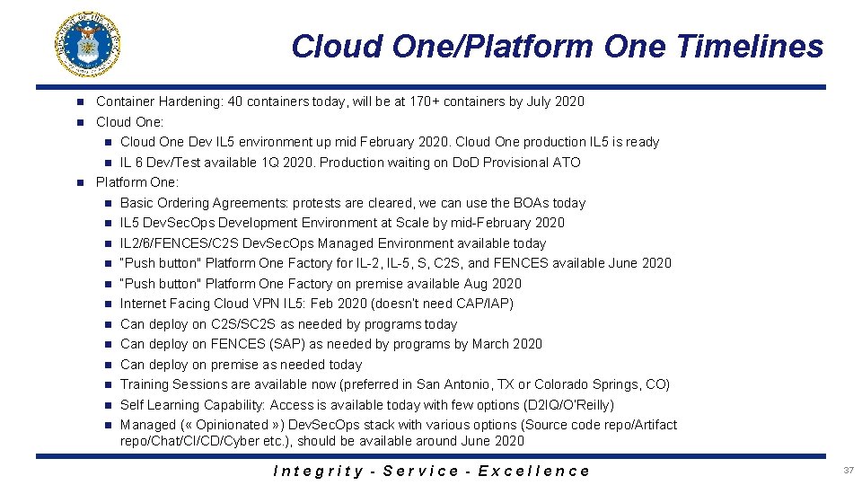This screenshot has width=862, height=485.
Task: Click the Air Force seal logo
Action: (88, 45)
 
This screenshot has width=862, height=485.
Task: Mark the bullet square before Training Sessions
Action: (107, 384)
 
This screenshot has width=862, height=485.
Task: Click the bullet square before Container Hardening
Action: (81, 101)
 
